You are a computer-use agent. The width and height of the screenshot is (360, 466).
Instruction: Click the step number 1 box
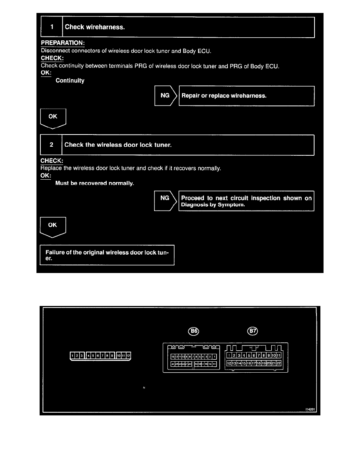click(x=51, y=27)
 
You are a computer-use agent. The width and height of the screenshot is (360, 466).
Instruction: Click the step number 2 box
click(x=51, y=145)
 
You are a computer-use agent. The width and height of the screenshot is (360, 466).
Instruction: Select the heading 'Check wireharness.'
click(x=95, y=27)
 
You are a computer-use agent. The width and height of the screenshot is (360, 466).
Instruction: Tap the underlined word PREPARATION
click(x=63, y=42)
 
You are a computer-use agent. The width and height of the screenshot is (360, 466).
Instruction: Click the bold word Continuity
click(x=70, y=81)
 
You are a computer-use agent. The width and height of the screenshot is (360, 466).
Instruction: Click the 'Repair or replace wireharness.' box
click(x=246, y=96)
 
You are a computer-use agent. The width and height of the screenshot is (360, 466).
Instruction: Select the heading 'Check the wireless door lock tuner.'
click(x=118, y=145)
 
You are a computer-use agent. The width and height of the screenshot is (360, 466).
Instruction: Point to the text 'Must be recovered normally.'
click(x=95, y=183)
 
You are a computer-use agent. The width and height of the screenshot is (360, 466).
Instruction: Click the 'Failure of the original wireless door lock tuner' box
click(x=107, y=255)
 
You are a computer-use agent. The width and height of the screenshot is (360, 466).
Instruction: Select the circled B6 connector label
click(x=194, y=331)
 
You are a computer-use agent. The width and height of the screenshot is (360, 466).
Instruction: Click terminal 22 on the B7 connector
click(x=279, y=363)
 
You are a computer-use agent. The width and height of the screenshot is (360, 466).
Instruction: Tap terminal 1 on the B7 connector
click(x=229, y=355)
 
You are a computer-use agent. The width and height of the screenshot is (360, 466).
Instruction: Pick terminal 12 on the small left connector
click(x=128, y=356)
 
